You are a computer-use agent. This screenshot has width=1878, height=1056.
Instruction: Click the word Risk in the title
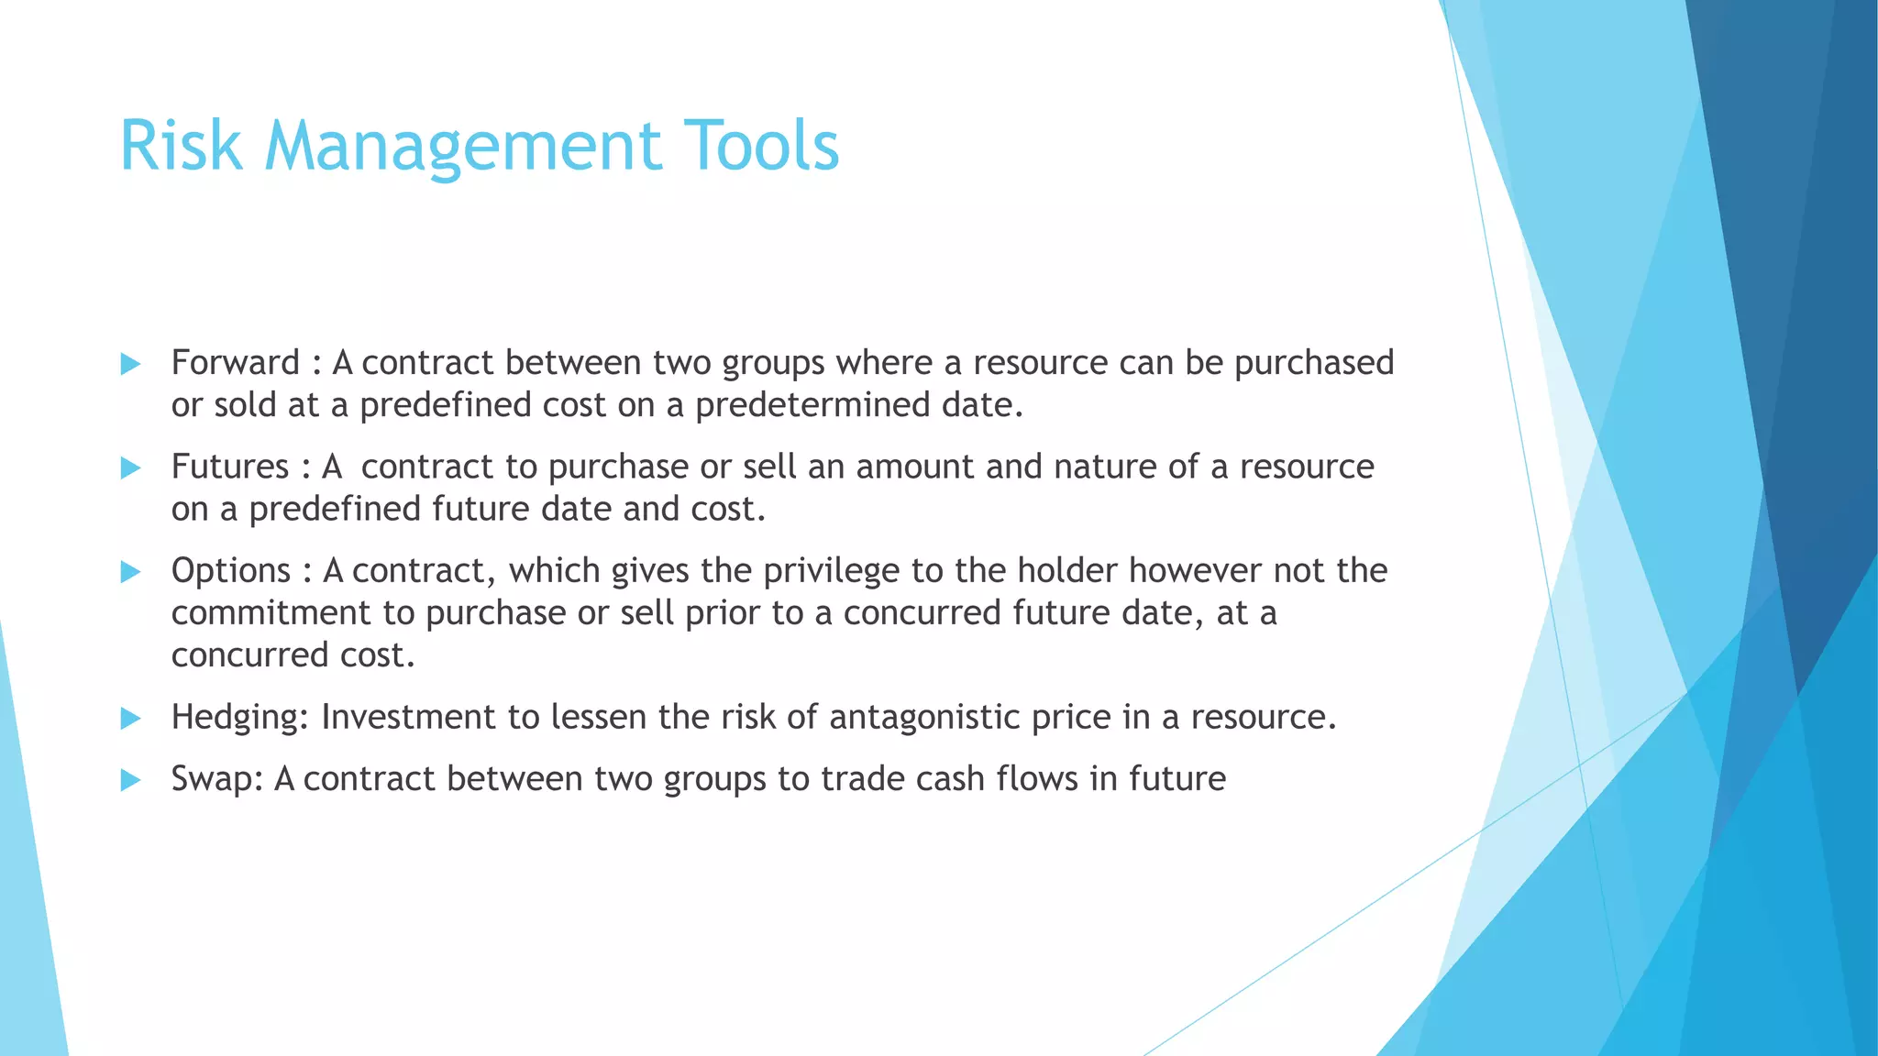coord(181,146)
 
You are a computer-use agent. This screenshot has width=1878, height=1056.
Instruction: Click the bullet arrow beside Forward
coord(130,364)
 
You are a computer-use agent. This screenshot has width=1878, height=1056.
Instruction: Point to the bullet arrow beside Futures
coord(130,468)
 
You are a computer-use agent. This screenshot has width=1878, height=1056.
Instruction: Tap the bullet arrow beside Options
coord(130,572)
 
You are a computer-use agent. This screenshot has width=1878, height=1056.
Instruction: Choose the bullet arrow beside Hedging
coord(130,718)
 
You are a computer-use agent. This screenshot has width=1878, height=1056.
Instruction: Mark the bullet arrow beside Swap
coord(130,780)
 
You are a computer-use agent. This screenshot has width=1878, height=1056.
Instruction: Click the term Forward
coord(235,363)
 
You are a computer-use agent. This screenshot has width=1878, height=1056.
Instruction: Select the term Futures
coord(230,467)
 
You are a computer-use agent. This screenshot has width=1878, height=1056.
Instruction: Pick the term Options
coord(231,571)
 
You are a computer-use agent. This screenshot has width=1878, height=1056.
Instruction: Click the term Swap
coord(217,780)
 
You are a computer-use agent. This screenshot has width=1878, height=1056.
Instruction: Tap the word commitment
coord(271,612)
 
